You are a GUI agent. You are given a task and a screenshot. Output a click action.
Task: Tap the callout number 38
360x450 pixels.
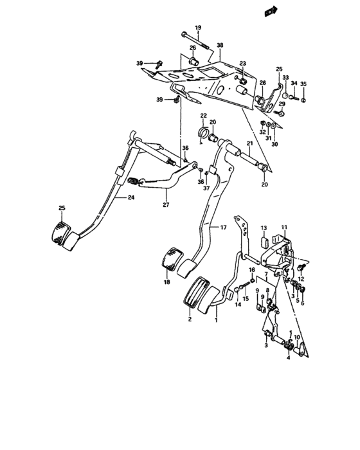pyautogui.click(x=220, y=46)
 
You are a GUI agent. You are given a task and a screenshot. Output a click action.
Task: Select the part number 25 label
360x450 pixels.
pyautogui.click(x=62, y=207)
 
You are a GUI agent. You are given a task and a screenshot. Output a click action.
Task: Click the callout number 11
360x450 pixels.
pyautogui.click(x=284, y=228)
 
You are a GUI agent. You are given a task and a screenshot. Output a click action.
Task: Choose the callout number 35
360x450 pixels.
pyautogui.click(x=304, y=84)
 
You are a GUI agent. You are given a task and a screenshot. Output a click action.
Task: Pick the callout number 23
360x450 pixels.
pyautogui.click(x=243, y=63)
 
